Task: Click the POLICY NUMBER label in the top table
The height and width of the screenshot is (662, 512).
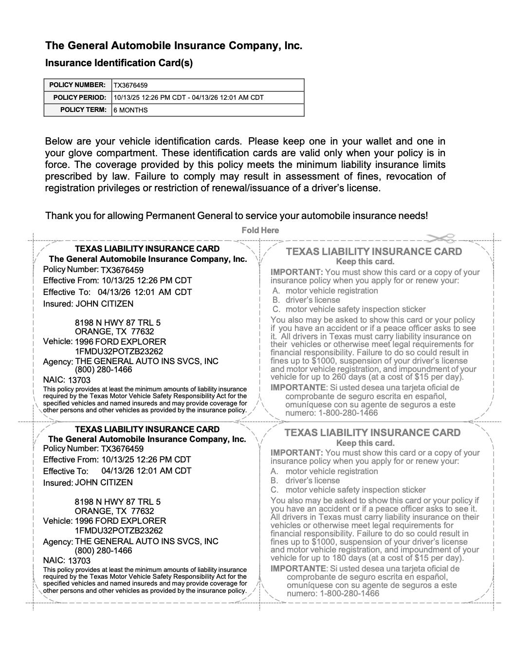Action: [77, 85]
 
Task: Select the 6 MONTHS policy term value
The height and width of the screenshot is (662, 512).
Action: [130, 110]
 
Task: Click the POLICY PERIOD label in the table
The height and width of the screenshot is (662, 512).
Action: [79, 97]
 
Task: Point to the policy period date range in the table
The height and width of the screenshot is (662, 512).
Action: [188, 97]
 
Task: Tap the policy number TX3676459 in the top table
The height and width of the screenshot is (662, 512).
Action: [130, 85]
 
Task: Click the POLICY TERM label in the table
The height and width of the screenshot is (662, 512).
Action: [83, 110]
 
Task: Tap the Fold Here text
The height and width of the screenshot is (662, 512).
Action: [260, 230]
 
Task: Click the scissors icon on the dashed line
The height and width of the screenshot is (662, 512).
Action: [440, 238]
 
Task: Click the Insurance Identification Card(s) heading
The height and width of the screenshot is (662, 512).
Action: [119, 63]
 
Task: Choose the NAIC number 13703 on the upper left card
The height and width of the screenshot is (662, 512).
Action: [79, 380]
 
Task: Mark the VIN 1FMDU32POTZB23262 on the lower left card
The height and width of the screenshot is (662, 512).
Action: [119, 531]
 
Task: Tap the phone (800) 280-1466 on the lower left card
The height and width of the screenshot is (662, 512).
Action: [103, 551]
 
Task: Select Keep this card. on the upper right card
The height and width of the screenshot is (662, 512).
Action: [365, 261]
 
